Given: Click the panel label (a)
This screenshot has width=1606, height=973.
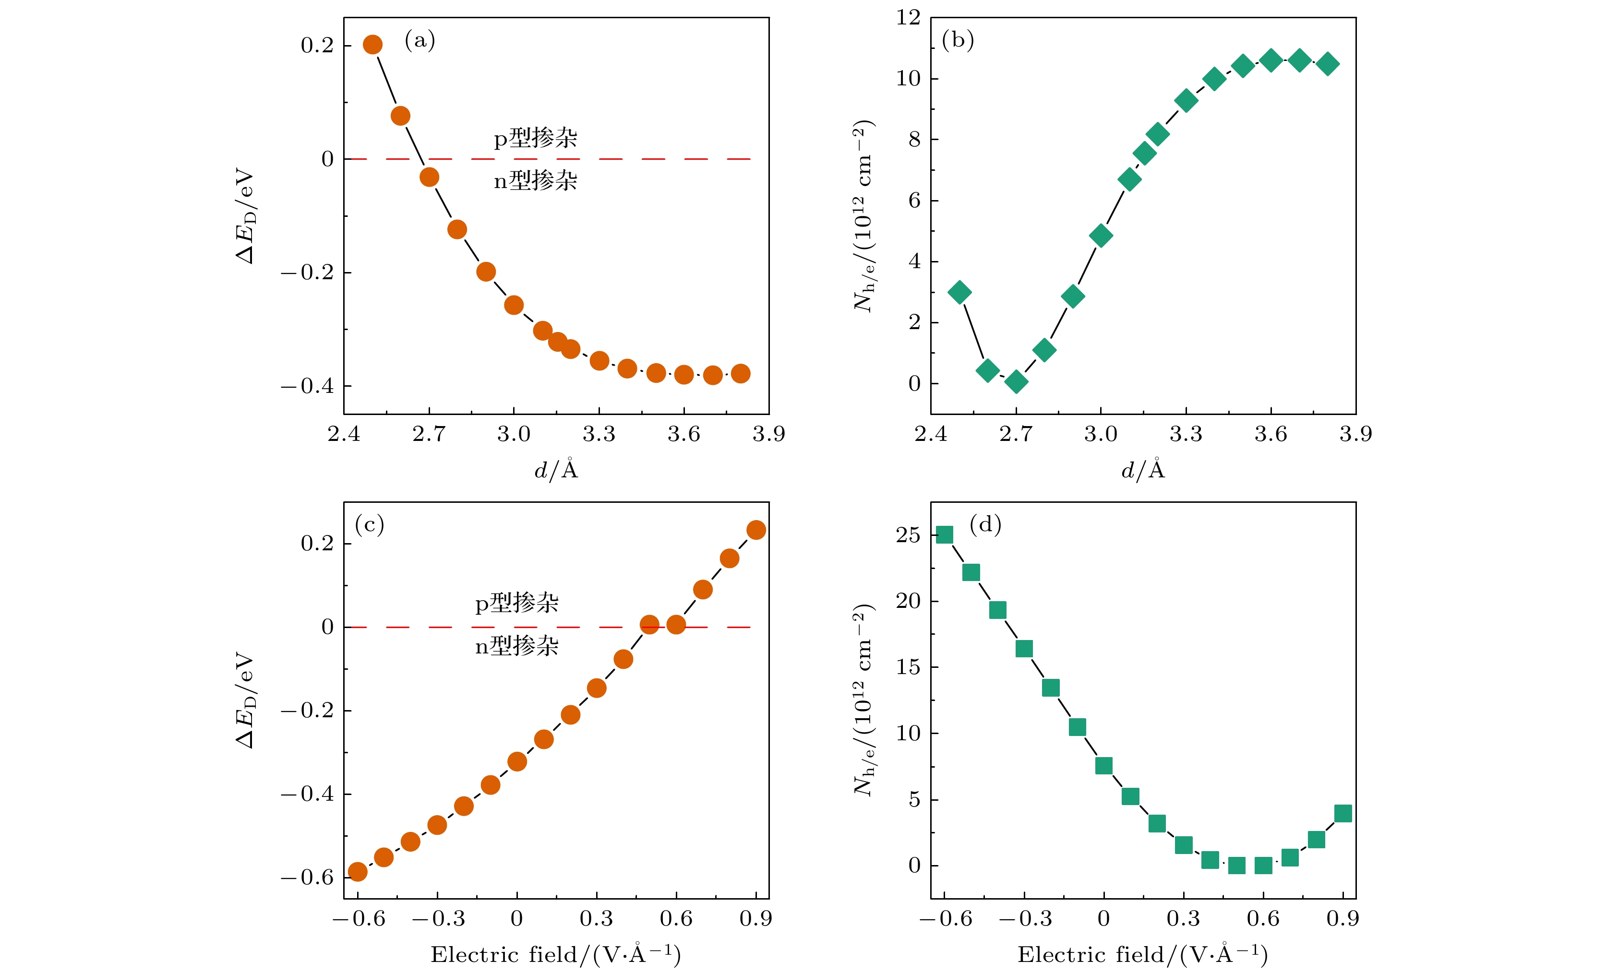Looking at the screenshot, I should [420, 40].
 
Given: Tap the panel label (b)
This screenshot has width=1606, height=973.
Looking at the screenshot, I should [958, 40].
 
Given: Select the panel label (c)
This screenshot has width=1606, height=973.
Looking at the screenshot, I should [370, 524].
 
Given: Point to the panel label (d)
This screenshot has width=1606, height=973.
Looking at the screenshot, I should [985, 524].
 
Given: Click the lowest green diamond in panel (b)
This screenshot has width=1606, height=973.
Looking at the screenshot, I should [1016, 381].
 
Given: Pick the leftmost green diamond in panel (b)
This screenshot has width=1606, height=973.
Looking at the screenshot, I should [959, 293].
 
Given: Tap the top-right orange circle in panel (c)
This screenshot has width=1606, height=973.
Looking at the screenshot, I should [756, 530].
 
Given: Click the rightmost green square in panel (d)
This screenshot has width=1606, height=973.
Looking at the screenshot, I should [1342, 813].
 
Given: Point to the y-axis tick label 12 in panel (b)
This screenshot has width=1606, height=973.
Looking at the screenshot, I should [908, 18].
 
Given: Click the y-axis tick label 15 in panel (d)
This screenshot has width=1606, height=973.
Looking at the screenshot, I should [908, 667].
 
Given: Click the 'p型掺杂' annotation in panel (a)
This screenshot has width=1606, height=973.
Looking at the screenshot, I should [535, 138].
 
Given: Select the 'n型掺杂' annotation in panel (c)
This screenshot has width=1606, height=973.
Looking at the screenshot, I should [517, 646].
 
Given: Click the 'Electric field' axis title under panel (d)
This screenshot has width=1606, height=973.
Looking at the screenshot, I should [1142, 955].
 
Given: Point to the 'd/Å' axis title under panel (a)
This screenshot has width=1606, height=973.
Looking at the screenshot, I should [556, 470].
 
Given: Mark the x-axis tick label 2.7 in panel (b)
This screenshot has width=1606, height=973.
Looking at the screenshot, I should [1016, 435].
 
